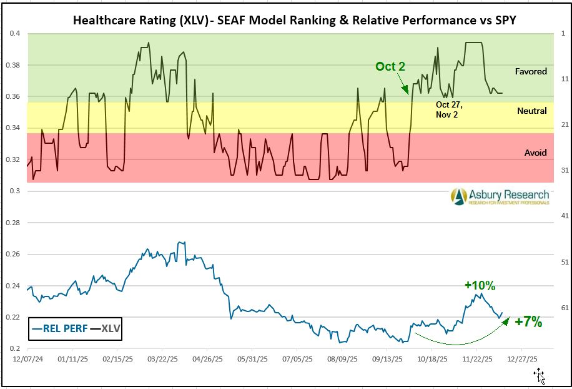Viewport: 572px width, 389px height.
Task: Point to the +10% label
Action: click(x=480, y=286)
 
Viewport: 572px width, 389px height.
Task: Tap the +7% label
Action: click(x=528, y=322)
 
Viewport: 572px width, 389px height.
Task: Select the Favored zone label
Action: click(x=531, y=71)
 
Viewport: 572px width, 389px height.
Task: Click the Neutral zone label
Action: click(x=531, y=111)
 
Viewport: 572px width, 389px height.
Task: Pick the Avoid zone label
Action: click(x=535, y=153)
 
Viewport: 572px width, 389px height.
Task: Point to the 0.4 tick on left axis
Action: click(x=13, y=33)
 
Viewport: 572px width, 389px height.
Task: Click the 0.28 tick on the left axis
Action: click(x=12, y=223)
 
